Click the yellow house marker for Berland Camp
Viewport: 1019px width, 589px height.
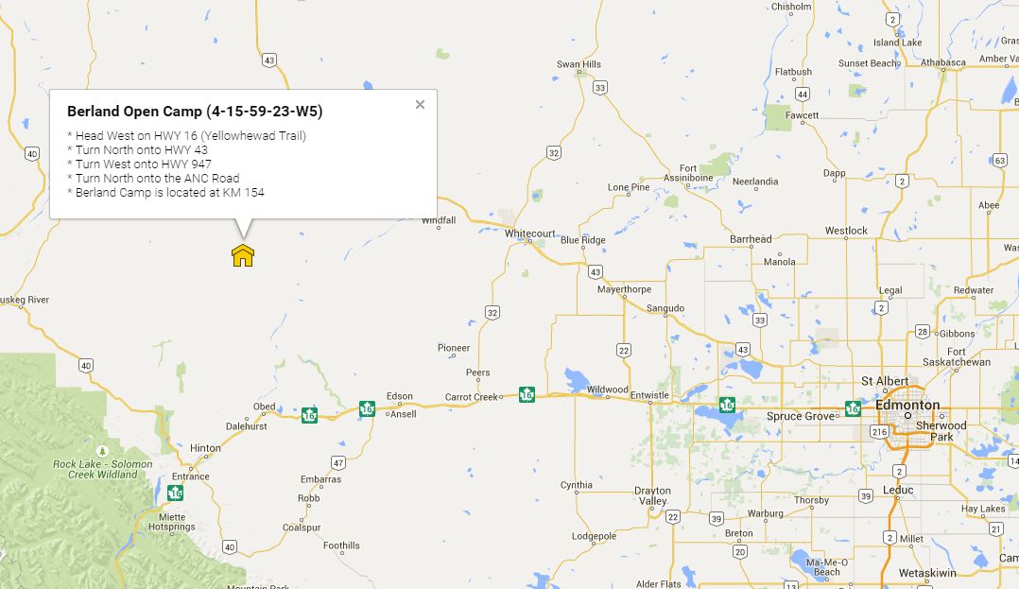coord(243,255)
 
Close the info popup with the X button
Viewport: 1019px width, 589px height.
coord(421,105)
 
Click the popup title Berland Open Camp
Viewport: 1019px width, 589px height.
coord(195,112)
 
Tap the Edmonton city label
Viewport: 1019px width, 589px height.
coord(907,405)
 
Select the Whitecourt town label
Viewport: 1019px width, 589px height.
coord(530,233)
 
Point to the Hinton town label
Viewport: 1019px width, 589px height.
coord(205,448)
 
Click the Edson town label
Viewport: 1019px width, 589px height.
coord(400,396)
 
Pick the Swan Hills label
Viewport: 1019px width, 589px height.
coord(579,64)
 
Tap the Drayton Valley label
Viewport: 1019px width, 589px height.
coord(652,495)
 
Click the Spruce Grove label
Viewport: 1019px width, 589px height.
coord(800,416)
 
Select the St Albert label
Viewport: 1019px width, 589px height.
coord(885,381)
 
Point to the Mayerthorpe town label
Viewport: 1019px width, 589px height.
coord(625,289)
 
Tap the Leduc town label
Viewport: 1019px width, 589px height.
coord(898,490)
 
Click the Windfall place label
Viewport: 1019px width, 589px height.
coord(439,220)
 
